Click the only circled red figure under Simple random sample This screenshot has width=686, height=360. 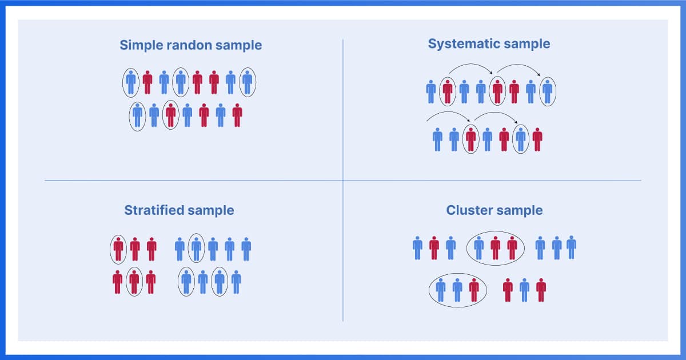click(170, 115)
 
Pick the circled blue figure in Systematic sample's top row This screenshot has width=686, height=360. click(547, 91)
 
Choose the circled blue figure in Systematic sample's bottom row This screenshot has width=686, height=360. click(520, 139)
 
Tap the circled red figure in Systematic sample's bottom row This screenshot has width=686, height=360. click(470, 139)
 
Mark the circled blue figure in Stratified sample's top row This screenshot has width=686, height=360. click(196, 249)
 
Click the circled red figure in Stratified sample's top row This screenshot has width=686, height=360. click(118, 249)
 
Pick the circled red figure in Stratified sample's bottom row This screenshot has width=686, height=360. click(134, 281)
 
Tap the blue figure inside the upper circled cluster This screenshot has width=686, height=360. click(479, 247)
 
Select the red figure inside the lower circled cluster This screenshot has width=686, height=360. click(474, 290)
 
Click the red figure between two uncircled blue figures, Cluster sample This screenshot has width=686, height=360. click(434, 247)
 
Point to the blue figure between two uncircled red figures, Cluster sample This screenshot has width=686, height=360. click(524, 290)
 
